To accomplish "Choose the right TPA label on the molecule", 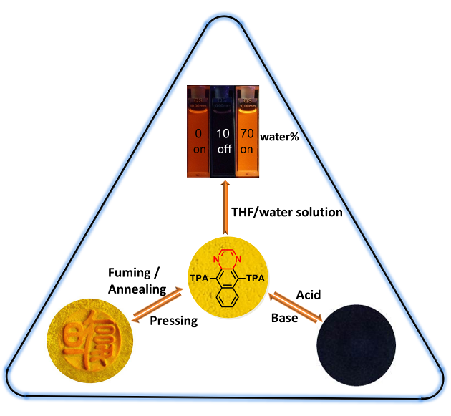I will pyautogui.click(x=258, y=276).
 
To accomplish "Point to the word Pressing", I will pyautogui.click(x=174, y=321).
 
